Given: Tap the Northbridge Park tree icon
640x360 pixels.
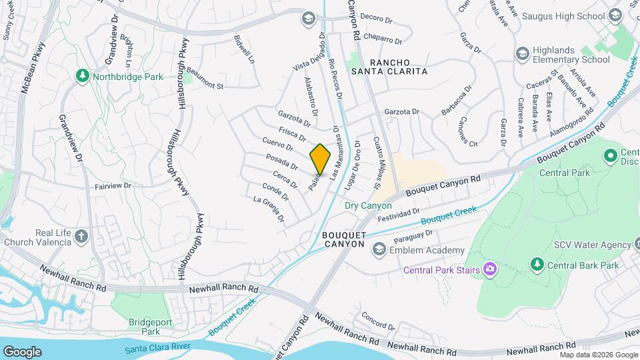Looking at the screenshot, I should (x=83, y=77).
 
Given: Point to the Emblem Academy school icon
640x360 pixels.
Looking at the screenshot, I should (x=379, y=250).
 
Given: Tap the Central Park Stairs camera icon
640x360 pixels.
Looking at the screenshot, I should (x=491, y=269).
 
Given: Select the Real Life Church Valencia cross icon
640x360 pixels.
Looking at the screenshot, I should (x=81, y=236).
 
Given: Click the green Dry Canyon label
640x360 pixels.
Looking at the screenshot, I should (x=368, y=205).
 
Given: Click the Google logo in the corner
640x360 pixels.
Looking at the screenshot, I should (x=22, y=351).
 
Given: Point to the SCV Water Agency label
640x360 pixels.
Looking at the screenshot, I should (x=592, y=245).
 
